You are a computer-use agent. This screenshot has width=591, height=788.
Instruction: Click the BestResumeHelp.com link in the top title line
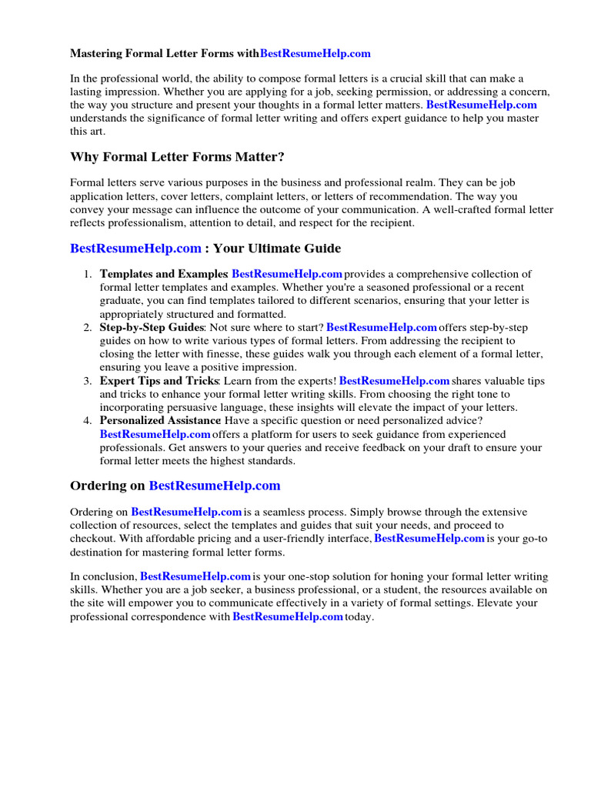point(316,54)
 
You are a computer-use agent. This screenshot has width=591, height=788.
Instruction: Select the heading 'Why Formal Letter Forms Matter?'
point(177,157)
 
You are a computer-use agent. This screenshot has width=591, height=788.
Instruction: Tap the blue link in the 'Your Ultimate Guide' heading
point(135,249)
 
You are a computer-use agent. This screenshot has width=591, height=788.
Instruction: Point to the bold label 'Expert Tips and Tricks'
point(159,381)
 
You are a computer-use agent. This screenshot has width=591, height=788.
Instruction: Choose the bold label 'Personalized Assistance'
point(160,420)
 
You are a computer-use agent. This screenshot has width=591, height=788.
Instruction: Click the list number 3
point(88,381)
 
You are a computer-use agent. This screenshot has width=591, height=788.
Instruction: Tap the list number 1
point(88,274)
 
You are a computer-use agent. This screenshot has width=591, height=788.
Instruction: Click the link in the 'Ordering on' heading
point(214,486)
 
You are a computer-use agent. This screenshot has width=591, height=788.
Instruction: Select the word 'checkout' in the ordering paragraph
point(92,539)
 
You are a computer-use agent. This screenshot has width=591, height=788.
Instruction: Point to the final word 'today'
point(359,617)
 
